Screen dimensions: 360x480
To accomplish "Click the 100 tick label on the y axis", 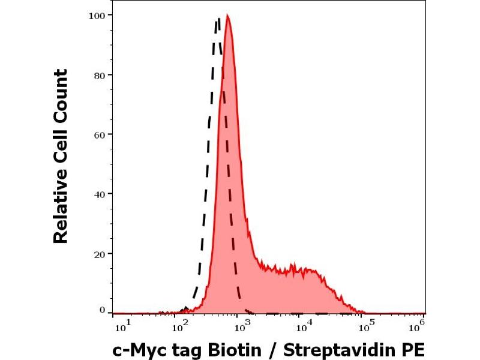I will [x=98, y=14].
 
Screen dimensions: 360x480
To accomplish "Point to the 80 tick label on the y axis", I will [x=100, y=75].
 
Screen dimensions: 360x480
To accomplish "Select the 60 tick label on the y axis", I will [x=100, y=134].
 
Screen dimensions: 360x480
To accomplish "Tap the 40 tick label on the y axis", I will [x=100, y=194].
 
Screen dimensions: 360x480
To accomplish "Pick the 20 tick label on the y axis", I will [x=100, y=253].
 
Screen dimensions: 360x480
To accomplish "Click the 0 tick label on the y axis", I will [x=102, y=310].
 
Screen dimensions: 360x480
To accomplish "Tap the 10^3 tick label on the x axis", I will [x=241, y=326].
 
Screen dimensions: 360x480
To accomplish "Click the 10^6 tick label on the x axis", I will [x=419, y=325].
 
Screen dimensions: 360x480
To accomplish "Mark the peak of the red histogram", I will [x=227, y=16].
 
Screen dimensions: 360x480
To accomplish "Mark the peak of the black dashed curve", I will [x=218, y=19].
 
